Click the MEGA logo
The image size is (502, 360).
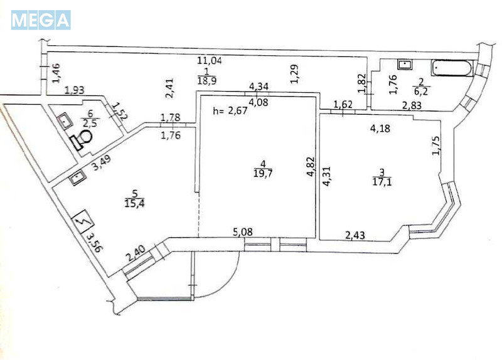click(x=41, y=20)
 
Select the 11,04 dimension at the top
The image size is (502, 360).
click(x=210, y=61)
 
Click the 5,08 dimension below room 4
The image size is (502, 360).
click(x=243, y=232)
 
